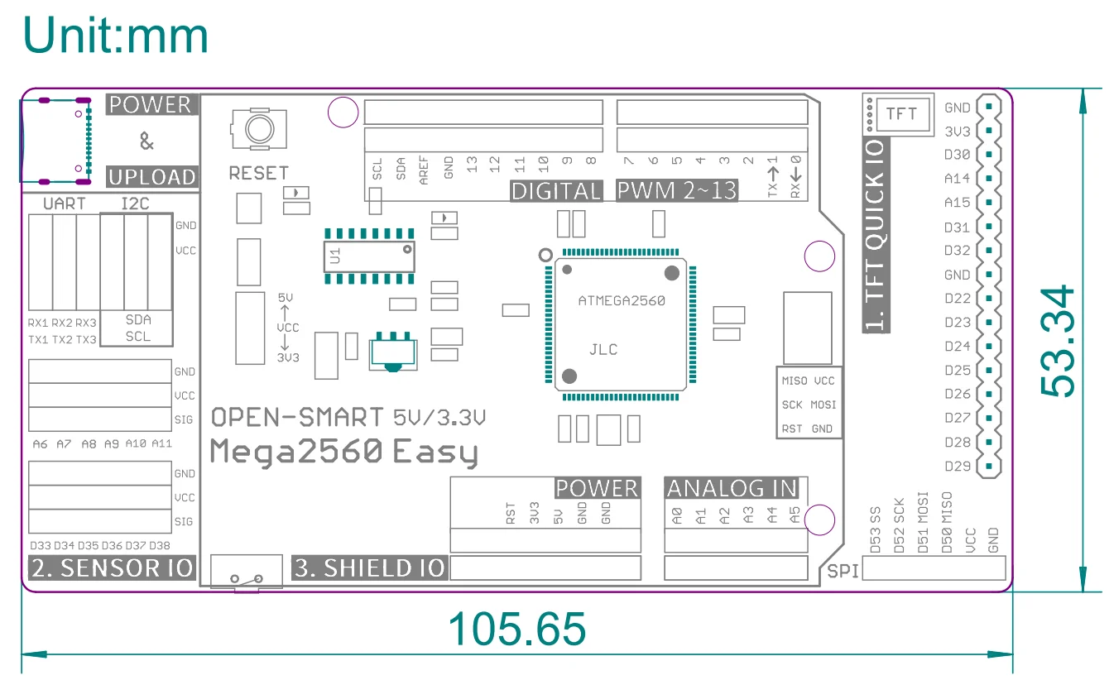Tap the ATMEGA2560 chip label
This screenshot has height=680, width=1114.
622,301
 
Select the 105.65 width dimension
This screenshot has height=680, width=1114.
516,630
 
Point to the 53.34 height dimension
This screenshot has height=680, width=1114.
1059,341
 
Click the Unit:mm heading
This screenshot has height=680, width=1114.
116,36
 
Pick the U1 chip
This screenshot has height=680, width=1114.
369,256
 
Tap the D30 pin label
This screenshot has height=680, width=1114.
957,155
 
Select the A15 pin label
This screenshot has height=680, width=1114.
957,203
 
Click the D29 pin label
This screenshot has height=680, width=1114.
957,467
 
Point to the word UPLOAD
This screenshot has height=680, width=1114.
152,177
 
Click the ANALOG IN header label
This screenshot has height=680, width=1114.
732,489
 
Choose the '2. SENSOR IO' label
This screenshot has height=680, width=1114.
112,568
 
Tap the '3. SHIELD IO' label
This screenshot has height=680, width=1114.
370,568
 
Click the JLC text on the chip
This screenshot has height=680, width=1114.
603,349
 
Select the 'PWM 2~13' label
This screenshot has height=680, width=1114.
676,191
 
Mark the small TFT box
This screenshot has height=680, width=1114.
900,113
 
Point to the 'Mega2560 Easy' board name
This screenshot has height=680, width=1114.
343,453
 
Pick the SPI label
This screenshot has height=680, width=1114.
843,571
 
